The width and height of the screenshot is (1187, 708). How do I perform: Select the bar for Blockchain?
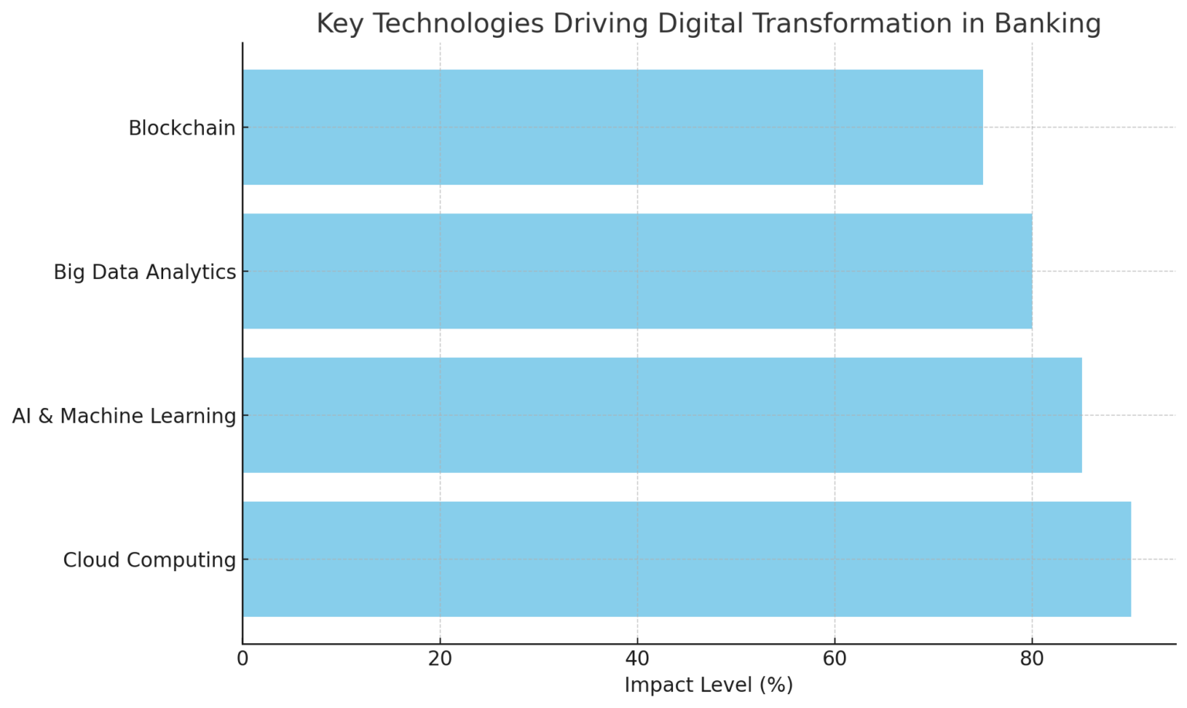click(612, 128)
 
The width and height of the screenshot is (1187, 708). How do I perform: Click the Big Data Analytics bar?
click(637, 271)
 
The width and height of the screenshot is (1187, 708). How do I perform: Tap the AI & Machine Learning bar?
click(662, 415)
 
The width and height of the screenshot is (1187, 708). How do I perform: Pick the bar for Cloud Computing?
click(686, 559)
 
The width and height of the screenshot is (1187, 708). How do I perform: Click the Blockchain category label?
click(182, 128)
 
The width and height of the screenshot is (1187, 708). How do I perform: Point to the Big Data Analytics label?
click(145, 272)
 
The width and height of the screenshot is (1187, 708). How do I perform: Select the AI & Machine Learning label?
click(124, 416)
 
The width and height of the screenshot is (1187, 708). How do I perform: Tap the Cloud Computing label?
click(149, 560)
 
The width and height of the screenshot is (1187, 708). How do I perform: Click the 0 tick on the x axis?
click(243, 659)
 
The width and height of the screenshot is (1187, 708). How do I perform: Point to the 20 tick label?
click(440, 659)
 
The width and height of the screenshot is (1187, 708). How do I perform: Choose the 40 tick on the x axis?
click(638, 659)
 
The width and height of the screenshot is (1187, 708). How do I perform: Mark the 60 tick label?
click(835, 659)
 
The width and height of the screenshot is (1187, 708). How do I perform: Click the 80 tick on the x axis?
click(1032, 659)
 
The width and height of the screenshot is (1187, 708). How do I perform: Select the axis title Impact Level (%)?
click(709, 686)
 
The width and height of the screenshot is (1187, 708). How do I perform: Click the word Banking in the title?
click(1047, 24)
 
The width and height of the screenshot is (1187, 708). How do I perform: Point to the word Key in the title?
click(340, 24)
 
